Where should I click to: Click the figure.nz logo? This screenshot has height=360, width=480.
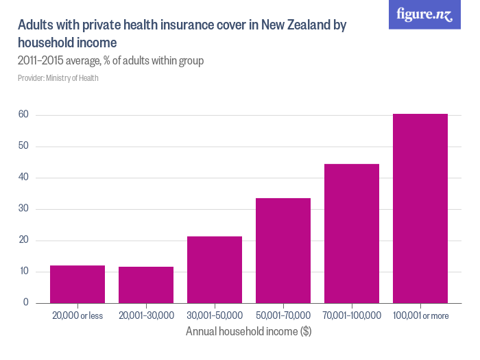(x=424, y=14)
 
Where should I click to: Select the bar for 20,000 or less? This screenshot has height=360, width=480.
(x=77, y=285)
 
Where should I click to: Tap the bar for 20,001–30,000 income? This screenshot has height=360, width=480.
(x=146, y=285)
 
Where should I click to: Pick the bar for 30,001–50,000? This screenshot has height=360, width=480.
(x=215, y=269)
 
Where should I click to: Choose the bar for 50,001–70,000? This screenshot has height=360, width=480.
(x=283, y=251)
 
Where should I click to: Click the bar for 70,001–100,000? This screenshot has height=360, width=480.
(x=352, y=234)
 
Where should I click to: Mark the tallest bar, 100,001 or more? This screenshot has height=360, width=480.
(x=420, y=208)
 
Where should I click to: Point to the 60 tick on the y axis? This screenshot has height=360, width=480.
(x=23, y=115)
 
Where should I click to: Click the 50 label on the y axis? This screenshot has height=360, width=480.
(x=23, y=145)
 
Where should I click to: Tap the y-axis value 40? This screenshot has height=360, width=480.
(x=23, y=177)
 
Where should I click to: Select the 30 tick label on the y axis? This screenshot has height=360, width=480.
(x=23, y=208)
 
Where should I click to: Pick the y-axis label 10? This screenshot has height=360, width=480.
(x=24, y=271)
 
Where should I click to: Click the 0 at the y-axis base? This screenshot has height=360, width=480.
(x=26, y=302)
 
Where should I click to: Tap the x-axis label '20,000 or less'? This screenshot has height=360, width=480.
(x=77, y=315)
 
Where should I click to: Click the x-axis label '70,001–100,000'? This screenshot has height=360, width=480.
(x=352, y=315)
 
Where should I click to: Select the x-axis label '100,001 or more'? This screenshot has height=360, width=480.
(x=420, y=315)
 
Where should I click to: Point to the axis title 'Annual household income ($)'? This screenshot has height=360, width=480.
(x=248, y=331)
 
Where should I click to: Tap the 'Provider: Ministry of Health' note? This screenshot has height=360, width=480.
(x=58, y=78)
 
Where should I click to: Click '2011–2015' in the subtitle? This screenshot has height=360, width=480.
(x=40, y=60)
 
